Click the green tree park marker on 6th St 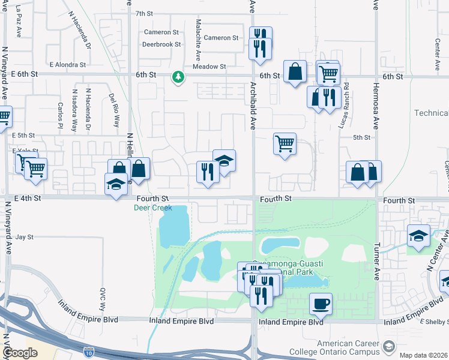click(178, 77)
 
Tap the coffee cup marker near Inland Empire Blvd click(321, 303)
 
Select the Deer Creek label click(152, 208)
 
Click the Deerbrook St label click(161, 44)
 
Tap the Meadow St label click(209, 67)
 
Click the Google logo click(20, 353)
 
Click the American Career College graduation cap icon click(390, 347)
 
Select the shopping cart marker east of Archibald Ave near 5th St click(285, 143)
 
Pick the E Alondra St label click(67, 64)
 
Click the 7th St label click(145, 13)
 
